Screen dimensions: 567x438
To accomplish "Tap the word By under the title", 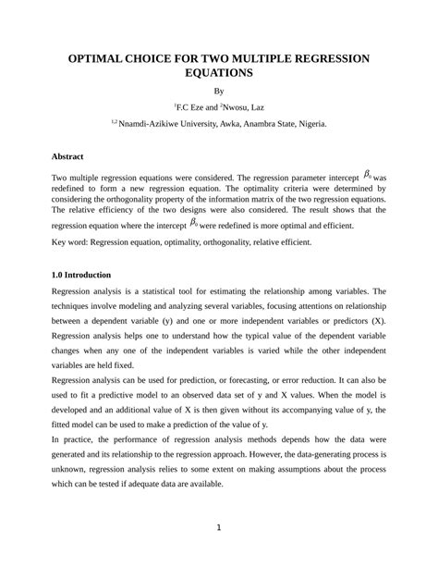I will tap(219, 92).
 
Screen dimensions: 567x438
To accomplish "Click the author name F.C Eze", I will tap(188, 107).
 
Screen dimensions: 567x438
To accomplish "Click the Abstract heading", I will tap(67, 156).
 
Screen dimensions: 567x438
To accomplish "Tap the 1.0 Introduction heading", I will tap(82, 275).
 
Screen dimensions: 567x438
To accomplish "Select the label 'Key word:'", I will tap(72, 242).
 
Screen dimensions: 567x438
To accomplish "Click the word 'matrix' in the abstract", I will tap(260, 199).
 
